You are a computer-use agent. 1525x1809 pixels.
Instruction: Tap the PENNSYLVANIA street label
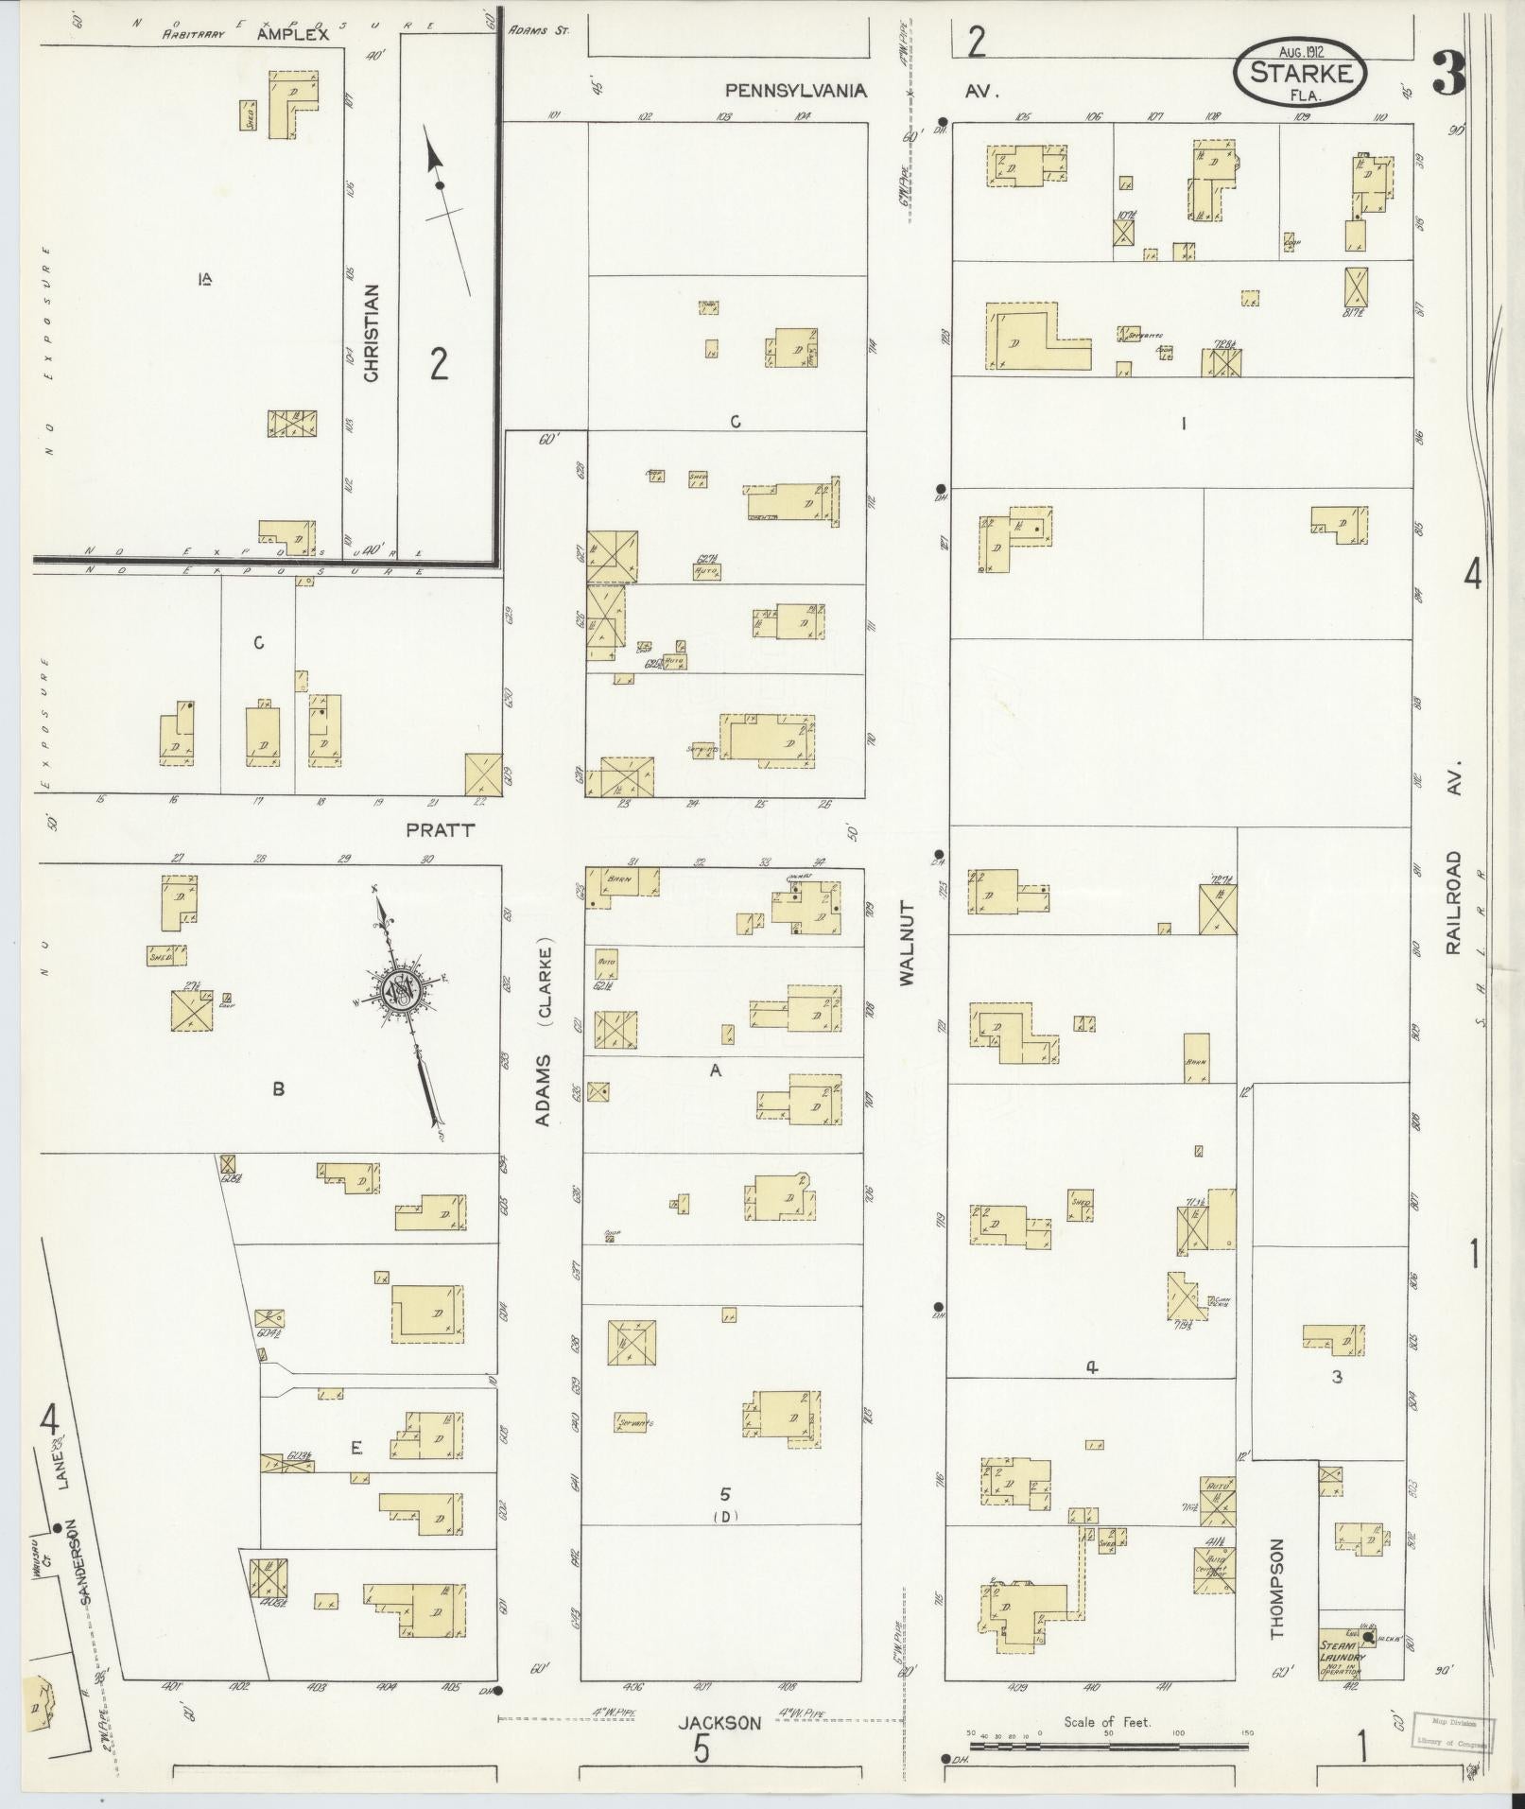click(795, 91)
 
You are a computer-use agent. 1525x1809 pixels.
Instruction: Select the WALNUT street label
click(909, 945)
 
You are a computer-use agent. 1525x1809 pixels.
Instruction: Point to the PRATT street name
click(440, 830)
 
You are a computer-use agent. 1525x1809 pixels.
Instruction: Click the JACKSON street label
click(719, 1723)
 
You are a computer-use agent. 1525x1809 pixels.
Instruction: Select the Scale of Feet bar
click(1108, 1745)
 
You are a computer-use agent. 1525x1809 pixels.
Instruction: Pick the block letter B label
click(278, 1088)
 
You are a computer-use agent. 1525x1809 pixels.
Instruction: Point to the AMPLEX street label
click(293, 35)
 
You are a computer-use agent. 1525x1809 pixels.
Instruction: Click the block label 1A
click(204, 278)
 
